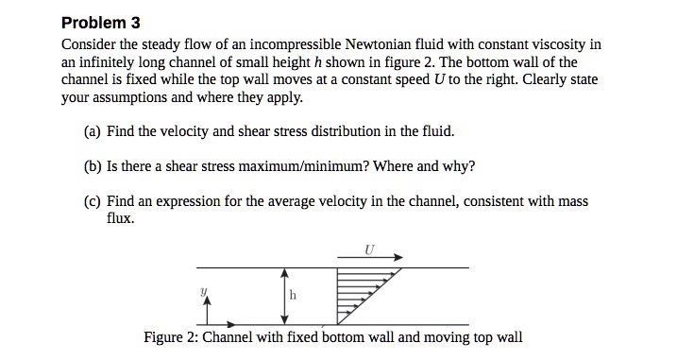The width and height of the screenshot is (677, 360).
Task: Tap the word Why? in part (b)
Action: coord(457,166)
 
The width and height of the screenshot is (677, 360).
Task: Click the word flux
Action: coord(119,219)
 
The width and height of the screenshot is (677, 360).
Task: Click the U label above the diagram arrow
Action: coord(368,248)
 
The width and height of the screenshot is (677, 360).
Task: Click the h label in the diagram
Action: coord(293,294)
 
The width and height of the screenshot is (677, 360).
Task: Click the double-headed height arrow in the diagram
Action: coord(280,296)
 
